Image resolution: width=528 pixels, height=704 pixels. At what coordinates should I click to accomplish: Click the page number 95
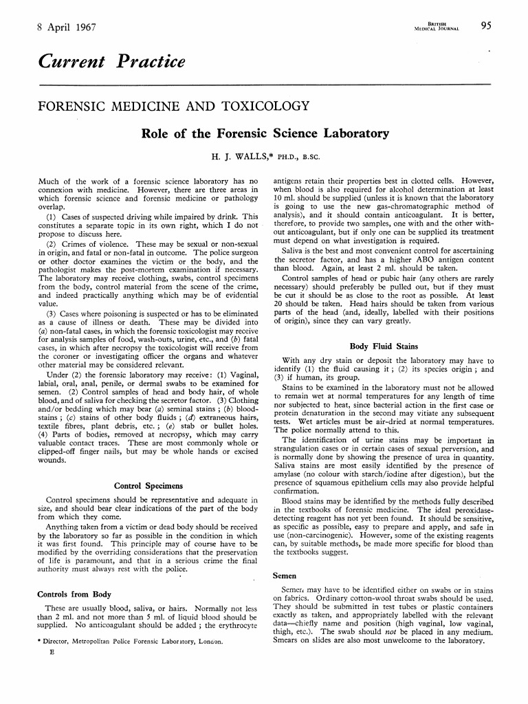click(x=486, y=26)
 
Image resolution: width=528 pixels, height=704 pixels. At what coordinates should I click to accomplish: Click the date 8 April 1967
click(x=67, y=27)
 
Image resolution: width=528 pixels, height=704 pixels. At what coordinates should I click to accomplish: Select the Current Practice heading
click(x=112, y=62)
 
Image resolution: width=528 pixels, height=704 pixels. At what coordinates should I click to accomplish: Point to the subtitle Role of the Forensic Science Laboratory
click(x=265, y=133)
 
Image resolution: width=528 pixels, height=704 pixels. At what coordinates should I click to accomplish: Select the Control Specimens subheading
click(x=148, y=486)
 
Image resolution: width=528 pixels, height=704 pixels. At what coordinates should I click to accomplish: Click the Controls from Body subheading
click(x=74, y=593)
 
